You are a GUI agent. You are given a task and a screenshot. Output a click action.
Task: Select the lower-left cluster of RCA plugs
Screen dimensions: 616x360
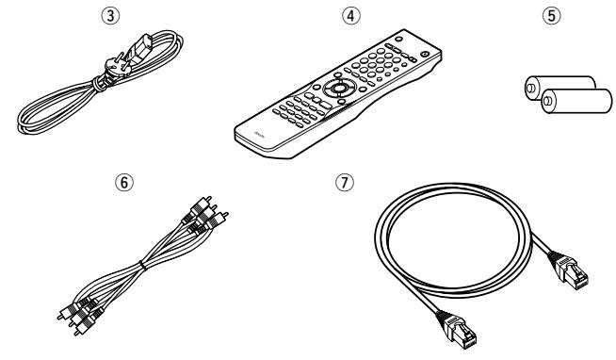click(80, 311)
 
